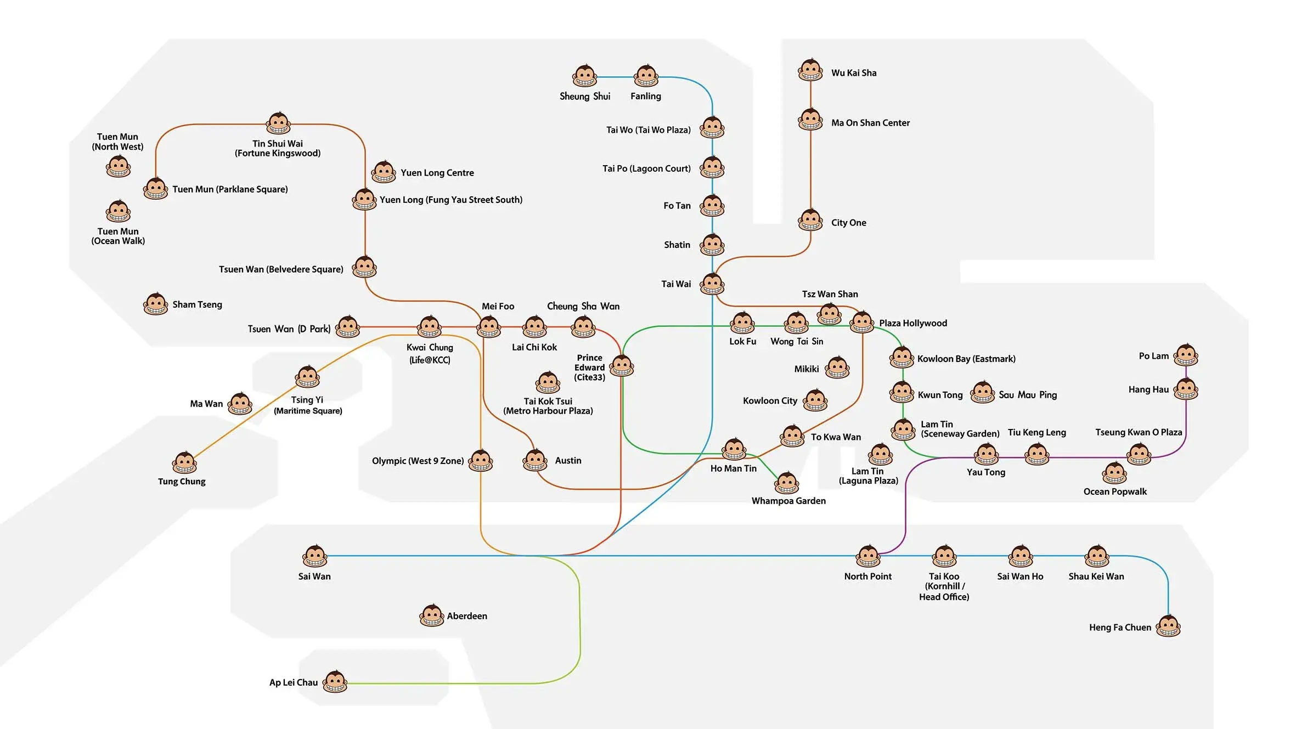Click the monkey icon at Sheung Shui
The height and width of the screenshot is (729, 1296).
(584, 76)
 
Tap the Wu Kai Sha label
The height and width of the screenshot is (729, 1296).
(854, 73)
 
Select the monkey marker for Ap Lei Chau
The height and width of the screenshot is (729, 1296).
(335, 682)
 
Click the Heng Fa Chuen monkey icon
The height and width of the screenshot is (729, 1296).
(1168, 626)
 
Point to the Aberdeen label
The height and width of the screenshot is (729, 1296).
(467, 616)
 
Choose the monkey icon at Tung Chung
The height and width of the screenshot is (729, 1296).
(184, 463)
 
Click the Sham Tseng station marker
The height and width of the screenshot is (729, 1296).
(156, 304)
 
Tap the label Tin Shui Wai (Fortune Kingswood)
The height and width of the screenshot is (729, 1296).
(278, 148)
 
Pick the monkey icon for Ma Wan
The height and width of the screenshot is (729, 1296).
(240, 404)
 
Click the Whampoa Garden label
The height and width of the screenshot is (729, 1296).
(788, 501)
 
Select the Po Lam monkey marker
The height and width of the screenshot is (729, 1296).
(1186, 355)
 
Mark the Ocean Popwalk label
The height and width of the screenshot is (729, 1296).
(1115, 491)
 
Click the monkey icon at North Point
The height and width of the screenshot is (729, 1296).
(868, 556)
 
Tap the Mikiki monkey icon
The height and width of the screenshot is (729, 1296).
(837, 368)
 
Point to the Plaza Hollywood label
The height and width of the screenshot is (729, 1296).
(913, 323)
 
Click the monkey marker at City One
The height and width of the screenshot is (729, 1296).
(810, 221)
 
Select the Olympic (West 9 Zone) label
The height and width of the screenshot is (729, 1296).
(418, 461)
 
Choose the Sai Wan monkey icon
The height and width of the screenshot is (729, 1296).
(315, 556)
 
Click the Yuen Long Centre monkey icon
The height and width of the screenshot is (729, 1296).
(384, 172)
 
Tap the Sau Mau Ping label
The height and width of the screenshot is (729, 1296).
(1028, 395)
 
